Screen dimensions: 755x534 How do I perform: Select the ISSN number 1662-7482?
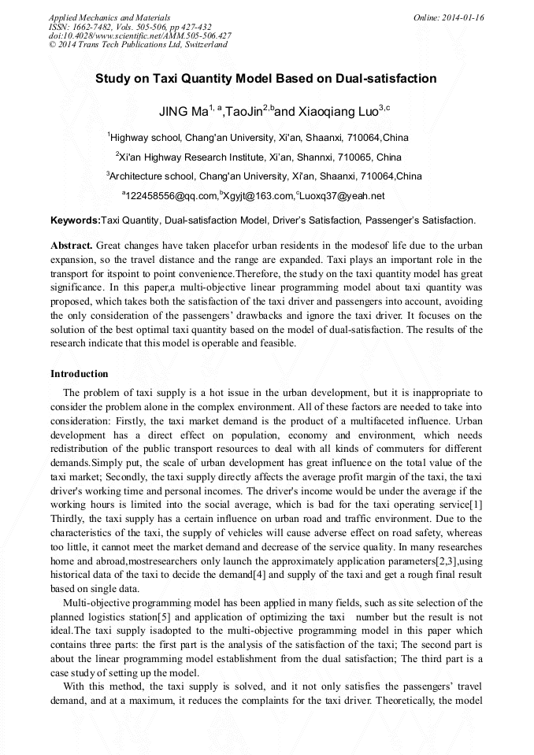[x=95, y=27]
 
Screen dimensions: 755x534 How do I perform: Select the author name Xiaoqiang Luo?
[x=336, y=111]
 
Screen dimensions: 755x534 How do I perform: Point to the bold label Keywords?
[x=76, y=220]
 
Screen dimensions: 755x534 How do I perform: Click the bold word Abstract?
[x=72, y=246]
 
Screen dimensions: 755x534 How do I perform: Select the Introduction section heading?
[x=80, y=373]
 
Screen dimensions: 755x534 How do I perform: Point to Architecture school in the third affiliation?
[x=152, y=176]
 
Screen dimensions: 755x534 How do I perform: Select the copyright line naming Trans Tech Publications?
[x=138, y=45]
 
